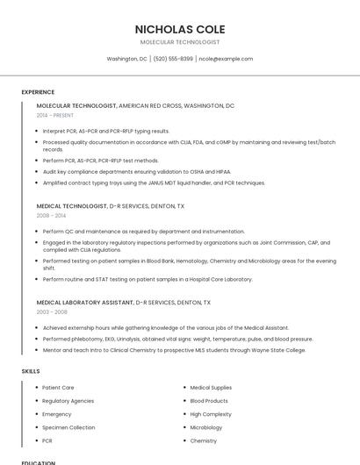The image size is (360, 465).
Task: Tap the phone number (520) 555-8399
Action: click(173, 59)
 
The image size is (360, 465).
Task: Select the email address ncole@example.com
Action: click(226, 59)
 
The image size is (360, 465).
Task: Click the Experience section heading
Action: click(38, 92)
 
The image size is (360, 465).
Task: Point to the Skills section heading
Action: click(31, 371)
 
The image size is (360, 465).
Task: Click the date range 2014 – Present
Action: click(55, 115)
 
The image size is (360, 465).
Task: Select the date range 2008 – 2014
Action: click(51, 215)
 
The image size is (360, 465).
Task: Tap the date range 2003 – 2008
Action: click(51, 311)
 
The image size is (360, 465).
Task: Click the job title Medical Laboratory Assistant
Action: click(84, 302)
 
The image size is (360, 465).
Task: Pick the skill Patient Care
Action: click(58, 387)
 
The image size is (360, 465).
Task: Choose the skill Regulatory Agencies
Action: click(68, 400)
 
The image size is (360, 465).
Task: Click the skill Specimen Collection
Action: click(68, 427)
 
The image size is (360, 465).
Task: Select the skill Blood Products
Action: click(209, 400)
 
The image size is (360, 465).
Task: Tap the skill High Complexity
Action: click(211, 414)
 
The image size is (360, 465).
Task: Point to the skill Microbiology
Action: click(206, 427)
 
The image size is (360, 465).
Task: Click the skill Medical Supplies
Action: click(211, 387)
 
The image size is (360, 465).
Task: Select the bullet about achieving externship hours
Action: click(165, 327)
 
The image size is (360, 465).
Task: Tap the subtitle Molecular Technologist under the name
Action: click(180, 42)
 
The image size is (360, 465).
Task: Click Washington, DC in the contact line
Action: click(126, 59)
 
